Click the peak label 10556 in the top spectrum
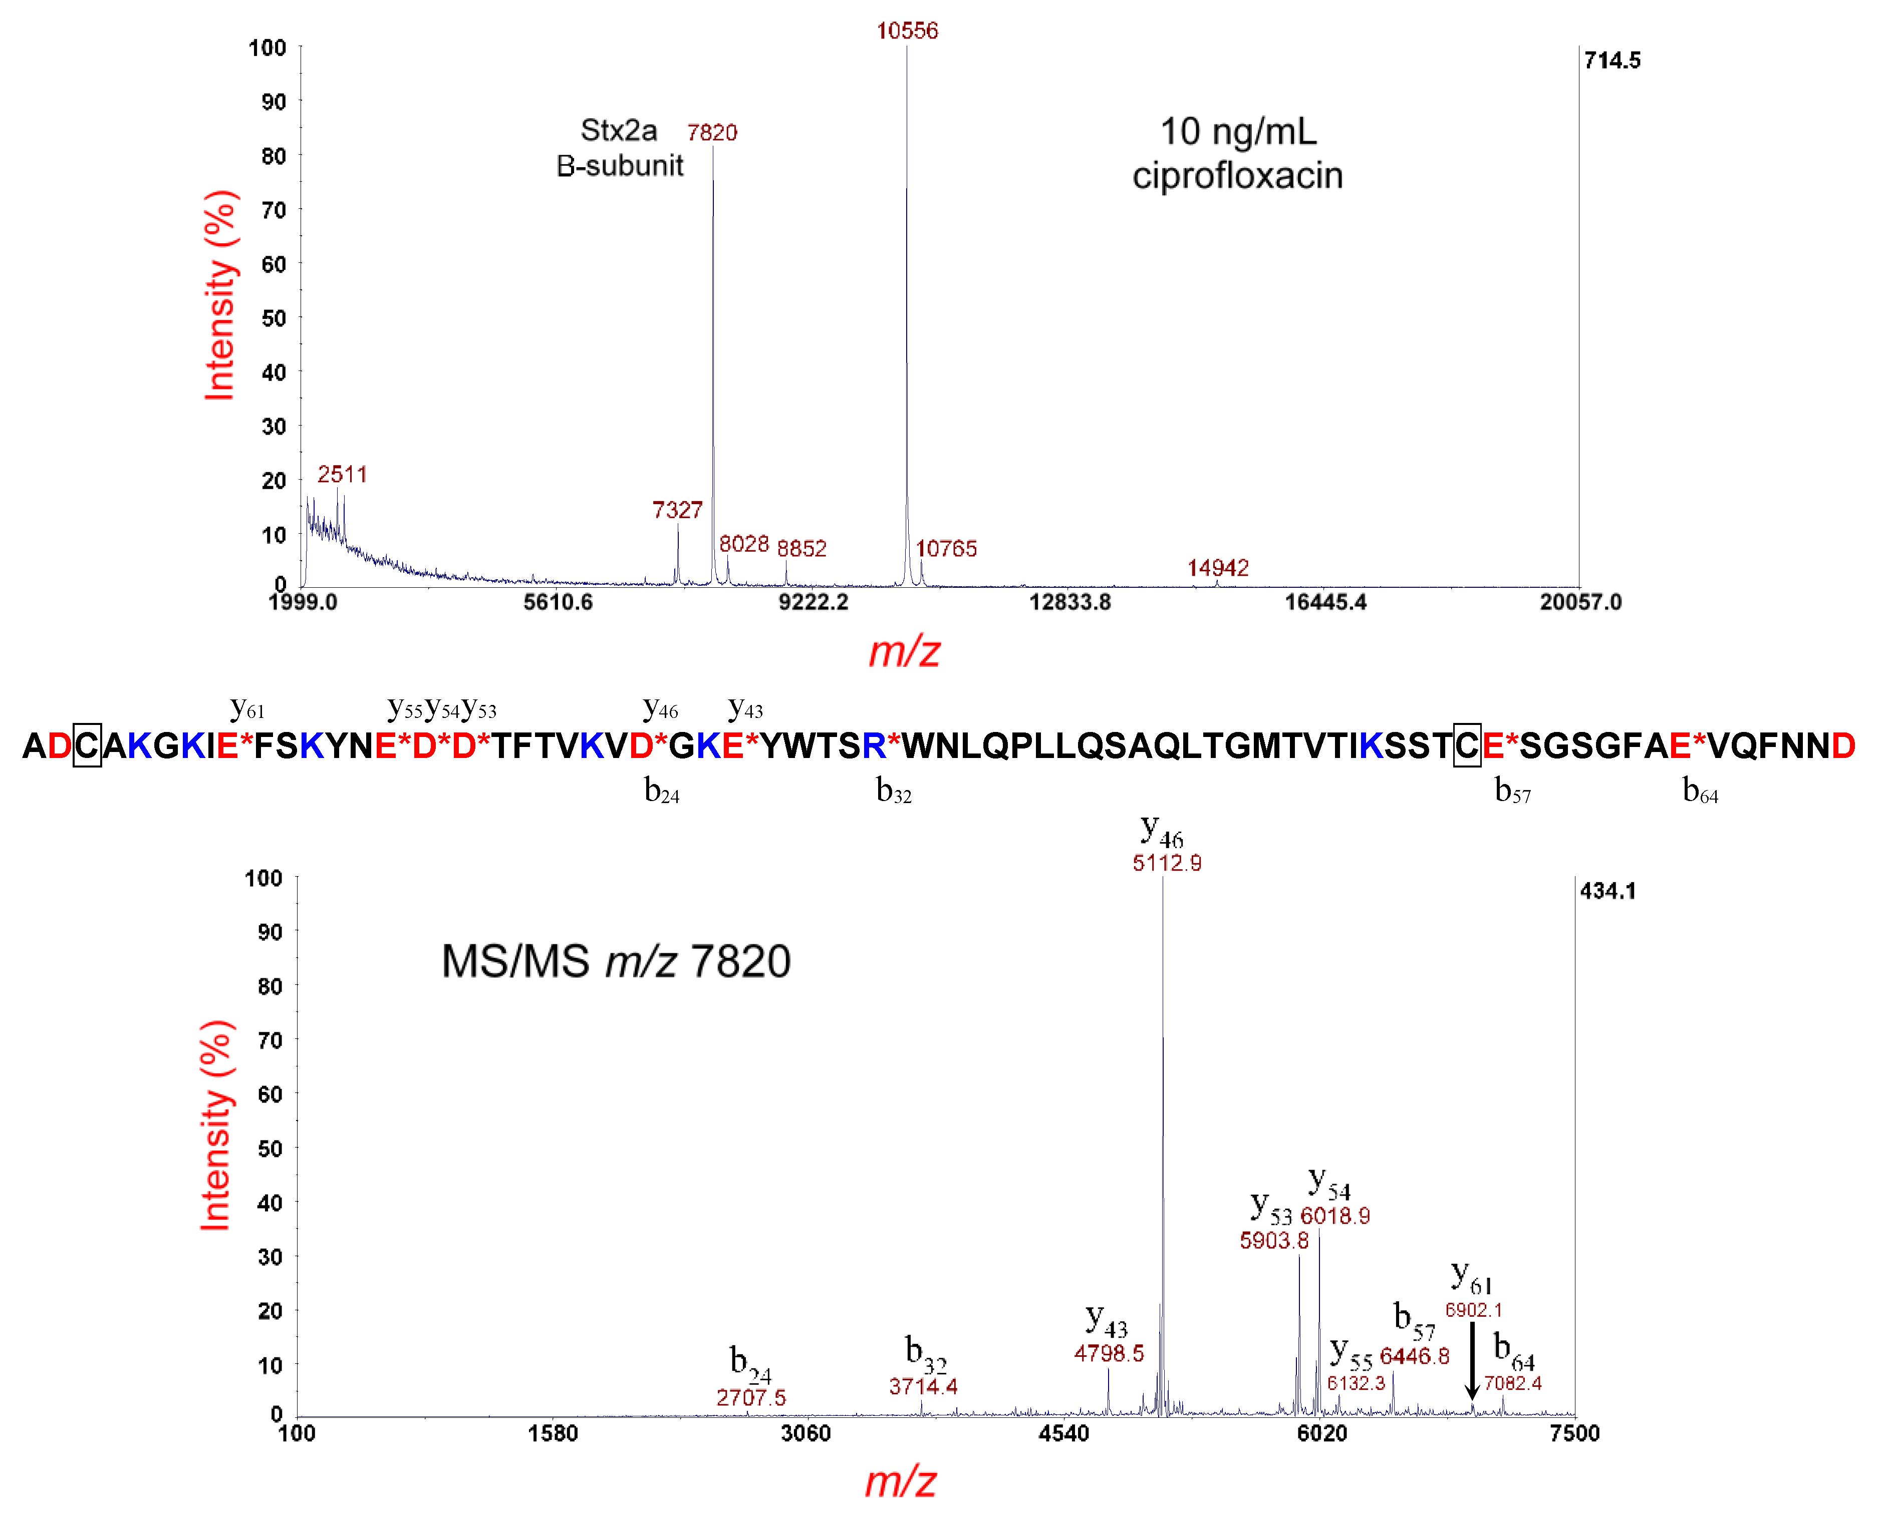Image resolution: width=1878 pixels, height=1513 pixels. [x=907, y=32]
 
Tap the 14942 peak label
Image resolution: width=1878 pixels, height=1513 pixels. [x=1217, y=568]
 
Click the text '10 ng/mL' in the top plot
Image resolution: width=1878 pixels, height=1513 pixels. [x=1237, y=133]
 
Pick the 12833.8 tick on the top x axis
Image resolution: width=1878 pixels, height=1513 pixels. [x=1070, y=602]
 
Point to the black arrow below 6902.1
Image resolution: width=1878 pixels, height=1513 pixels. [x=1472, y=1360]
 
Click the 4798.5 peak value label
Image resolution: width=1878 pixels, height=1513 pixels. [x=1108, y=1353]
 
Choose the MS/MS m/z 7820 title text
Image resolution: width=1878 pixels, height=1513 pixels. [x=616, y=961]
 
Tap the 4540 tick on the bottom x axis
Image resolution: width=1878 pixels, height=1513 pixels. [x=1063, y=1434]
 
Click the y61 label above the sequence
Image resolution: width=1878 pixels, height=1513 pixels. [x=247, y=708]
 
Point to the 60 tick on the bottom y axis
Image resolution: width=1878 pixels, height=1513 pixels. [x=271, y=1094]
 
